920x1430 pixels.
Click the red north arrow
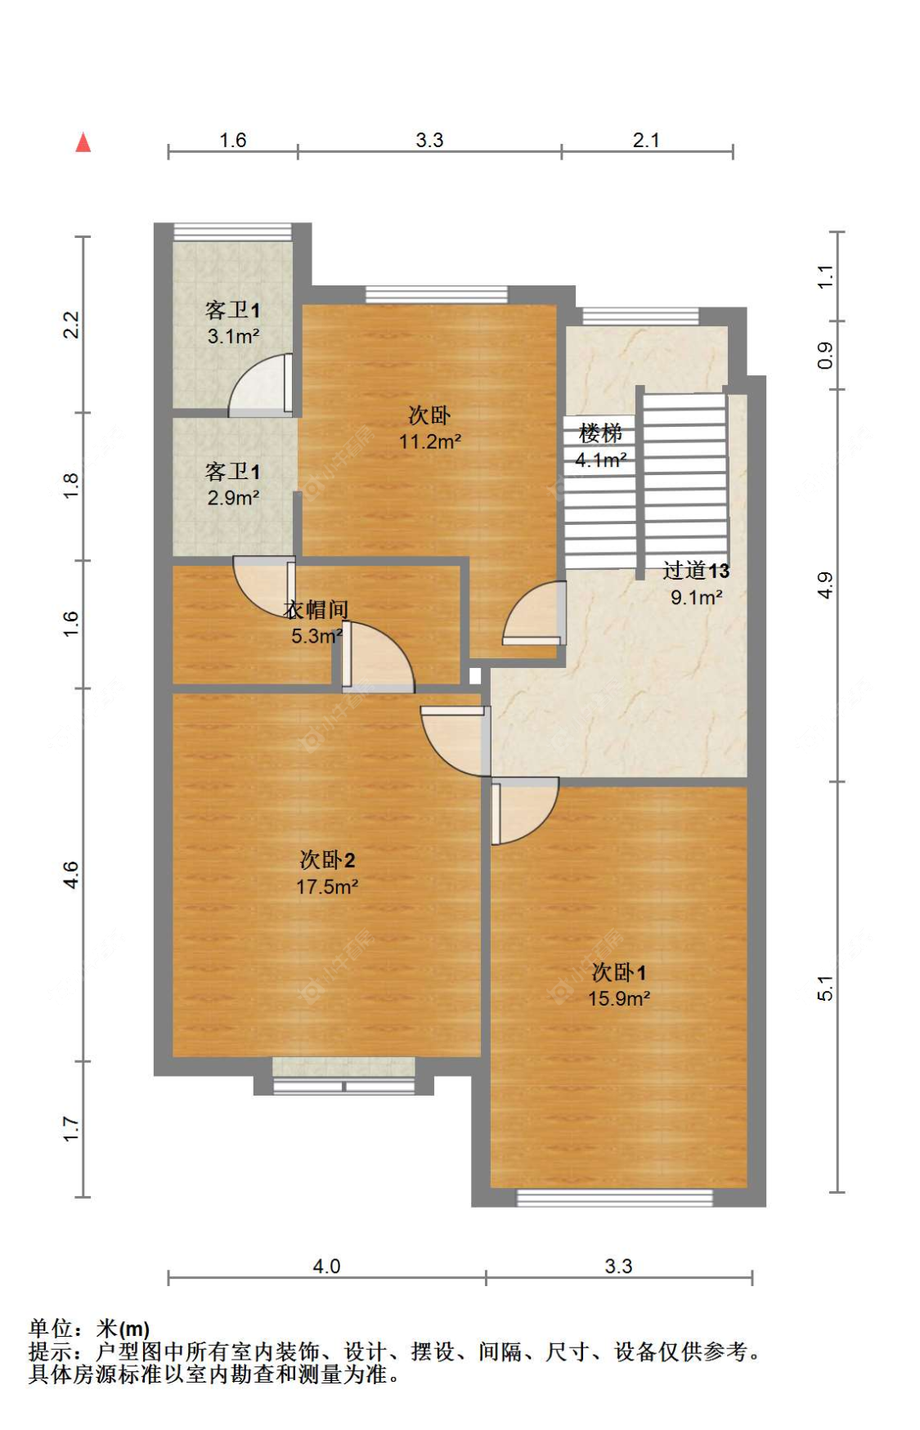pos(83,143)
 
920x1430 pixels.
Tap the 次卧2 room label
pos(327,859)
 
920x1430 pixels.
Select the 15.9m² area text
pos(618,998)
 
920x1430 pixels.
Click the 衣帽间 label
pos(316,609)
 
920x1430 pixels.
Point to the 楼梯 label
pos(600,433)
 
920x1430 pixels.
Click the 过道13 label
pos(695,571)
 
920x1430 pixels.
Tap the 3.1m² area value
pos(233,336)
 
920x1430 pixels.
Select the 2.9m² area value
pos(233,498)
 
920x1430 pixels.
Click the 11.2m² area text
pos(429,442)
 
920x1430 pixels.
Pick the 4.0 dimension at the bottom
pos(326,1266)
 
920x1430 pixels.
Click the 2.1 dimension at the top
pos(646,140)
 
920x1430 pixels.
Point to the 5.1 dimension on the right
pos(825,988)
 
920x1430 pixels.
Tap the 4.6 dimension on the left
pos(71,875)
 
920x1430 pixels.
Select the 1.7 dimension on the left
pos(71,1129)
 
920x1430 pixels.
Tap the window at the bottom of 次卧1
pos(614,1198)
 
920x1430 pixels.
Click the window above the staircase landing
pos(640,316)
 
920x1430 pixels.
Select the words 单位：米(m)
pos(89,1329)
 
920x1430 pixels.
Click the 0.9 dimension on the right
pos(825,355)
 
